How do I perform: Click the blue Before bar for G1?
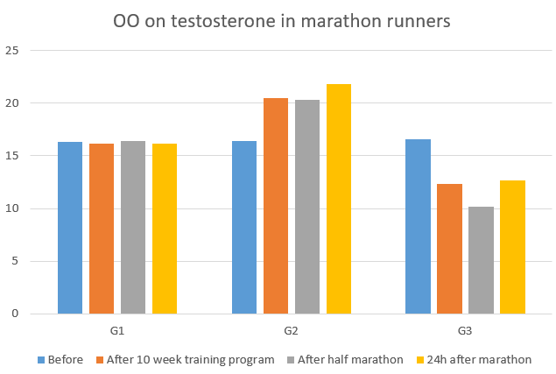(70, 228)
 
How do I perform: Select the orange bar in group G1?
(102, 229)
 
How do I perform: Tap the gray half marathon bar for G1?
(133, 228)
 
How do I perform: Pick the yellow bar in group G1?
(165, 229)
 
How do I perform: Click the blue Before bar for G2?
(244, 228)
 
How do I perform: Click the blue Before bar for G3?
(419, 227)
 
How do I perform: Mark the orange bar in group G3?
(450, 249)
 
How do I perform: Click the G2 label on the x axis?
(292, 332)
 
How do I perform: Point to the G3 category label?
(466, 332)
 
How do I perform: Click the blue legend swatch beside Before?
(41, 359)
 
